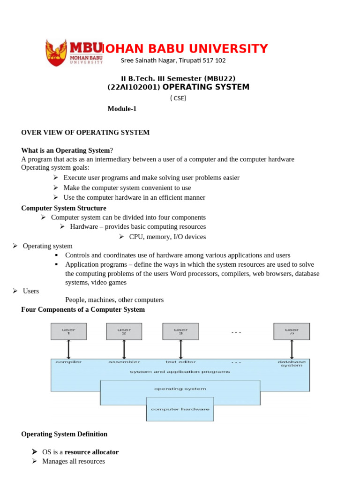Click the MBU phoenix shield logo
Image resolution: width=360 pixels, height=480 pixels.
(x=57, y=52)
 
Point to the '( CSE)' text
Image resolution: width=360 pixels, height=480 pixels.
(x=178, y=98)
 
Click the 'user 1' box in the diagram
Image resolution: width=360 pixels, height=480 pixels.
(x=68, y=331)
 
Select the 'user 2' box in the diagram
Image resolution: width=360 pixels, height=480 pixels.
(x=124, y=331)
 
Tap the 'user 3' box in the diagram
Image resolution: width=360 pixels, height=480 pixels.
(x=180, y=331)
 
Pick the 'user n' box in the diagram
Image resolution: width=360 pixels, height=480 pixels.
(x=292, y=331)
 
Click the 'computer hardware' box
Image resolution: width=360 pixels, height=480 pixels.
(x=180, y=409)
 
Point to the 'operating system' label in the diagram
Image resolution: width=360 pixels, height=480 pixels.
(x=180, y=389)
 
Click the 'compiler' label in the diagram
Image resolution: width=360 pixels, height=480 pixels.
(x=68, y=362)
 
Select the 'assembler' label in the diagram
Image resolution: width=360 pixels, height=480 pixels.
(x=124, y=362)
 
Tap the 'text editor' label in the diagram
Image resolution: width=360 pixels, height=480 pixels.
(x=180, y=362)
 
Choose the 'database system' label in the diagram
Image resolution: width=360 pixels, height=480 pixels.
(x=292, y=363)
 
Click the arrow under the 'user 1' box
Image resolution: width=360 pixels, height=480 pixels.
(x=69, y=349)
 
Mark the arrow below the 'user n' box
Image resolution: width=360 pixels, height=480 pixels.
(x=292, y=349)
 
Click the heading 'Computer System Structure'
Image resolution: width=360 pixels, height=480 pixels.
(x=64, y=208)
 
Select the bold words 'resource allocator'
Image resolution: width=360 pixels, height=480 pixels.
(x=91, y=452)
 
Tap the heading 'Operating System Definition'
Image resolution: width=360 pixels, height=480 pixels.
(x=64, y=434)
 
